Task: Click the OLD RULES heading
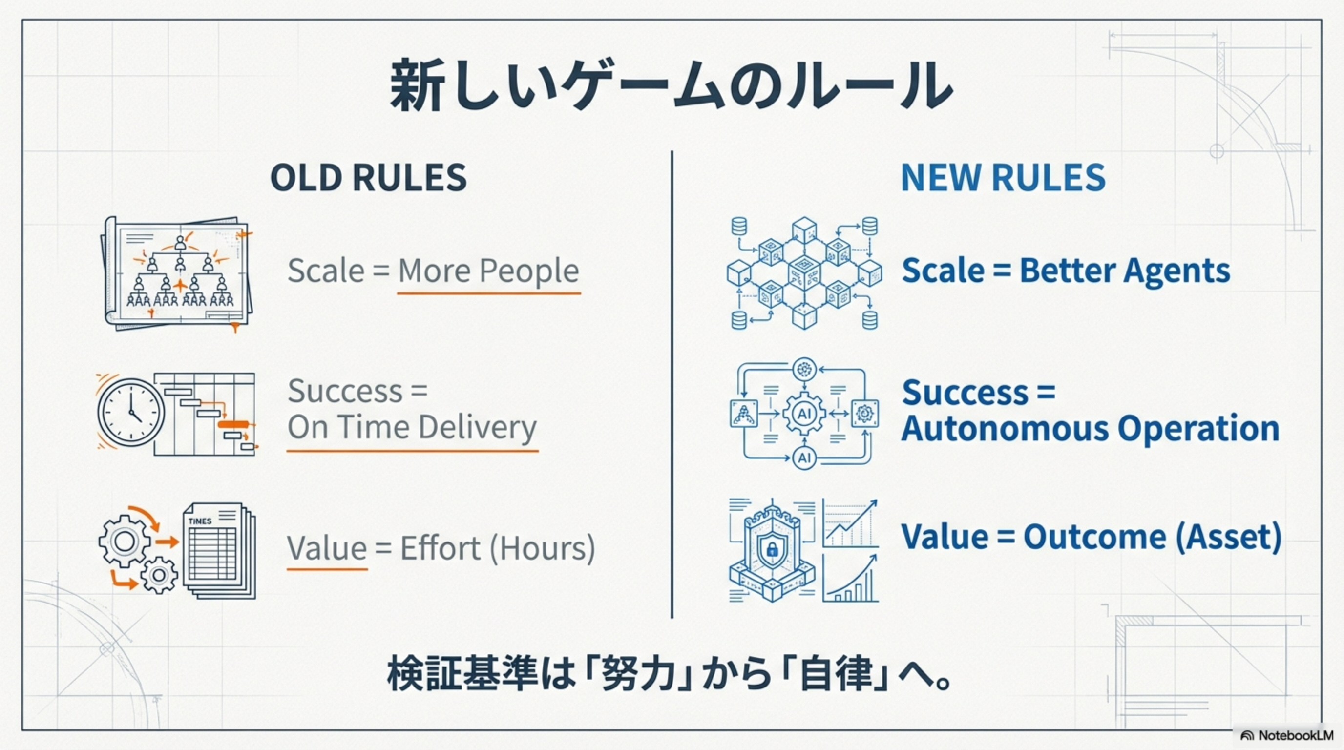[368, 177]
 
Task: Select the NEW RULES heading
[1003, 177]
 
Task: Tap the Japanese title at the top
[672, 85]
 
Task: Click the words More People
[488, 271]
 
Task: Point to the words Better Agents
[1125, 271]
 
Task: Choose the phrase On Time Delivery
[412, 428]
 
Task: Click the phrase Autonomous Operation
[1091, 429]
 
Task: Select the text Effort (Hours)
[498, 549]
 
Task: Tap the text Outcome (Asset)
[1152, 537]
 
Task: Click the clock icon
[131, 413]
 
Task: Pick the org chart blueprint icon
[177, 273]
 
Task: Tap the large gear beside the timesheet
[124, 541]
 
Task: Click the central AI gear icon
[804, 414]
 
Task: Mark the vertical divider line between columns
[672, 385]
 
